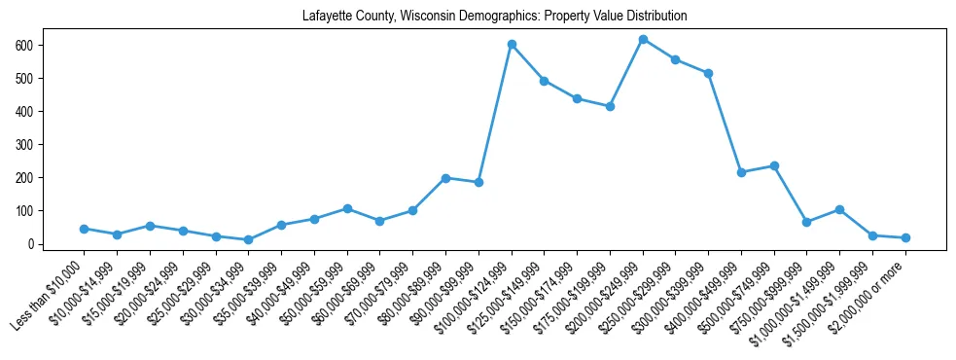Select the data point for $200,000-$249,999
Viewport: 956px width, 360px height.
643,39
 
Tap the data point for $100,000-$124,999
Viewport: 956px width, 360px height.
512,44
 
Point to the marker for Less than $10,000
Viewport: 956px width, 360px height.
84,229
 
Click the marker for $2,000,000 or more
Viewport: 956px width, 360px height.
905,237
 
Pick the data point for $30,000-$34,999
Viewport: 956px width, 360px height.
248,239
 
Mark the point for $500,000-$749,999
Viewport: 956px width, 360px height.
774,165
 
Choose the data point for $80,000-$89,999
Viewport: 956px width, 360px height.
445,178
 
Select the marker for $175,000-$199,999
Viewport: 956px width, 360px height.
610,106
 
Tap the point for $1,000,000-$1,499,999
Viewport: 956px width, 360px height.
839,209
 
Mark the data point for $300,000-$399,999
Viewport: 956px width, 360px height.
708,73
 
